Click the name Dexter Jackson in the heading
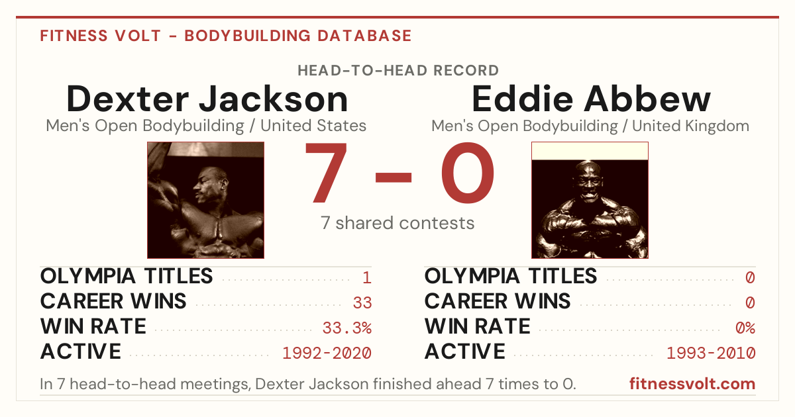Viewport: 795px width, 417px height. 207,99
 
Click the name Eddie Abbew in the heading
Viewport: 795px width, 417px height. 591,99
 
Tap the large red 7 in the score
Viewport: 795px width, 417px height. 325,173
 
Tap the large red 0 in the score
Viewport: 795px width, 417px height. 468,173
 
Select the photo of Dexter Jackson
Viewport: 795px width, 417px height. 206,200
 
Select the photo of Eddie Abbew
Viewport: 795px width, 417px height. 590,200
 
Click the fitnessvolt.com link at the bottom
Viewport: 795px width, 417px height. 692,384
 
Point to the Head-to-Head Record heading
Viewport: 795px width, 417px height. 398,71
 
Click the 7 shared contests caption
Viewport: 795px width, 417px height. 397,223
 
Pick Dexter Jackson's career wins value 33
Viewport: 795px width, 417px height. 362,302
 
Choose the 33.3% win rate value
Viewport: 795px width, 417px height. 347,328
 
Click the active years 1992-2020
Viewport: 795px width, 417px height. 327,353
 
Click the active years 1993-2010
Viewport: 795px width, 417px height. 712,353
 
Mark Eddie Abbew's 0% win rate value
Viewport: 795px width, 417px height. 745,328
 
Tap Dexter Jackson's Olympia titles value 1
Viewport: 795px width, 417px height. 367,277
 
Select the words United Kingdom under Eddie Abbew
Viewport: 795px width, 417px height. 690,126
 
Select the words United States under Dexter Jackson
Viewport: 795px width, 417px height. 313,126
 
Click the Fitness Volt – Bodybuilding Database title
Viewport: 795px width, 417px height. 226,36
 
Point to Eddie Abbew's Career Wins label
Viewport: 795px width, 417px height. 498,301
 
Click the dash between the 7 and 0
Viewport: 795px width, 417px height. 394,177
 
